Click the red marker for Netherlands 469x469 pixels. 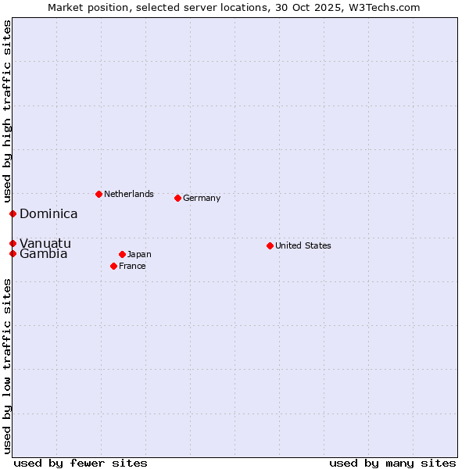98,194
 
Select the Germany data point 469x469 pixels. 178,198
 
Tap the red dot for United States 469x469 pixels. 270,245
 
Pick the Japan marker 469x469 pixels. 123,254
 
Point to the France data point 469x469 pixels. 114,266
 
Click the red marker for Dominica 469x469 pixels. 13,213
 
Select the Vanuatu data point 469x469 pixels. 13,243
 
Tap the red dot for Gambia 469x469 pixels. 13,253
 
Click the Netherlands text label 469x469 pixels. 129,194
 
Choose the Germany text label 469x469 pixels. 202,198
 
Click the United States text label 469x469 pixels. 303,245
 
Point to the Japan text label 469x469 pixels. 139,254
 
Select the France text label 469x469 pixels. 132,266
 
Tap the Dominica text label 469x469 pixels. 48,213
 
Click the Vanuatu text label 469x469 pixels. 45,243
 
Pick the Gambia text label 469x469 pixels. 44,254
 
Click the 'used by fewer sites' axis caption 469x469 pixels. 81,463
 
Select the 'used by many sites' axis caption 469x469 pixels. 392,463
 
